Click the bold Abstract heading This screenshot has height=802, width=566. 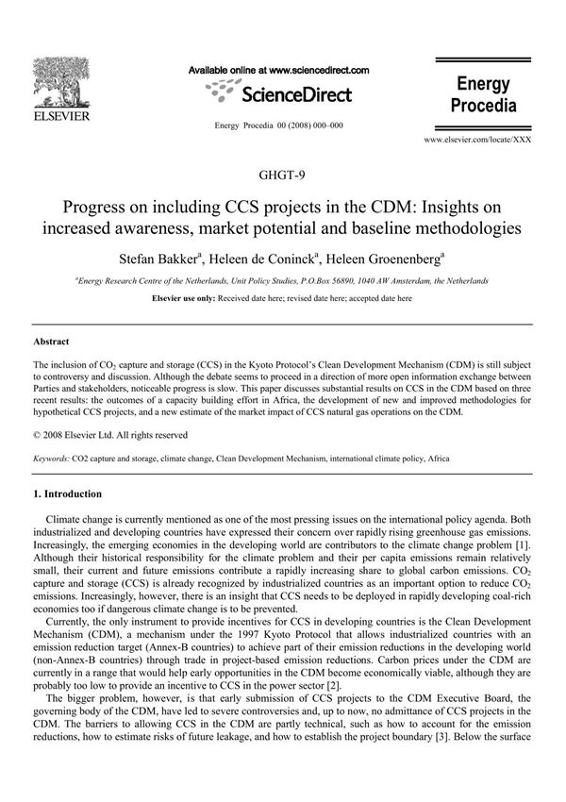pyautogui.click(x=52, y=342)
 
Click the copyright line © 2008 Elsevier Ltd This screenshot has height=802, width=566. pyautogui.click(x=110, y=435)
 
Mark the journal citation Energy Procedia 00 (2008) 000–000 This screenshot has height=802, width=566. pyautogui.click(x=279, y=125)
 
